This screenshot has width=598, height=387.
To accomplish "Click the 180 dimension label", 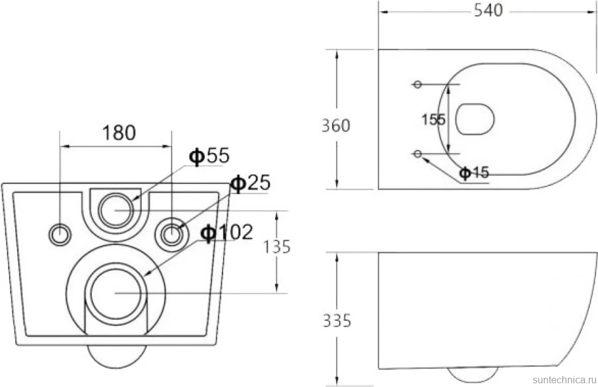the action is click(x=118, y=133).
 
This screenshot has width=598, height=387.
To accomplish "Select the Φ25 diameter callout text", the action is click(x=250, y=183).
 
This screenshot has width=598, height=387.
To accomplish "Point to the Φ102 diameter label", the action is click(x=227, y=232).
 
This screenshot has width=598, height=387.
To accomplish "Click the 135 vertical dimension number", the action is click(x=277, y=247).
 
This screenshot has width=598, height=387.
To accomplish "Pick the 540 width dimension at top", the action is click(x=488, y=10).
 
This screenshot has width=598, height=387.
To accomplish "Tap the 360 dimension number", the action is click(x=335, y=125).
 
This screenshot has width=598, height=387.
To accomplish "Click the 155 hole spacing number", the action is click(x=433, y=120).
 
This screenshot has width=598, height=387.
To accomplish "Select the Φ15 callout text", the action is click(x=473, y=173).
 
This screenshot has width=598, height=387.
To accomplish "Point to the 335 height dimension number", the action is click(x=337, y=321).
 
